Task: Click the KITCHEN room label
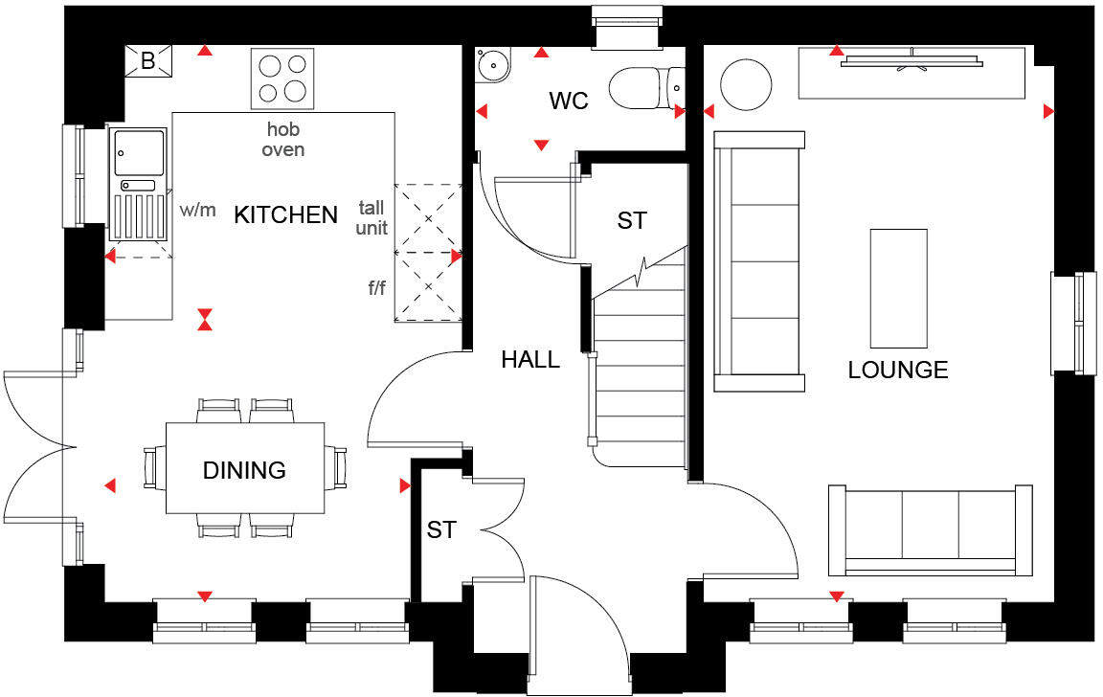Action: coord(286,215)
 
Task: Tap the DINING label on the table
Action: coord(244,470)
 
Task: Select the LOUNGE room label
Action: coord(898,370)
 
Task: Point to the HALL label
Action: coord(530,360)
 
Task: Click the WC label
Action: coord(568,101)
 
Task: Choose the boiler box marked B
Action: coord(148,62)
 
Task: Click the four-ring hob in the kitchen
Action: coord(282,79)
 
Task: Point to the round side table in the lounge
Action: coord(745,85)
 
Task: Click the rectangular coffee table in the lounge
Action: coord(898,288)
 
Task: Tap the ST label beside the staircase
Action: coord(631,221)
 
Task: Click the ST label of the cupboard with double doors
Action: coord(441,529)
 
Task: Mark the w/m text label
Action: coord(198,211)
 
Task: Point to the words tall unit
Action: coord(372,217)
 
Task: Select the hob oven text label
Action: coord(283,140)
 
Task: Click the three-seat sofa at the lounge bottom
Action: coord(930,531)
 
